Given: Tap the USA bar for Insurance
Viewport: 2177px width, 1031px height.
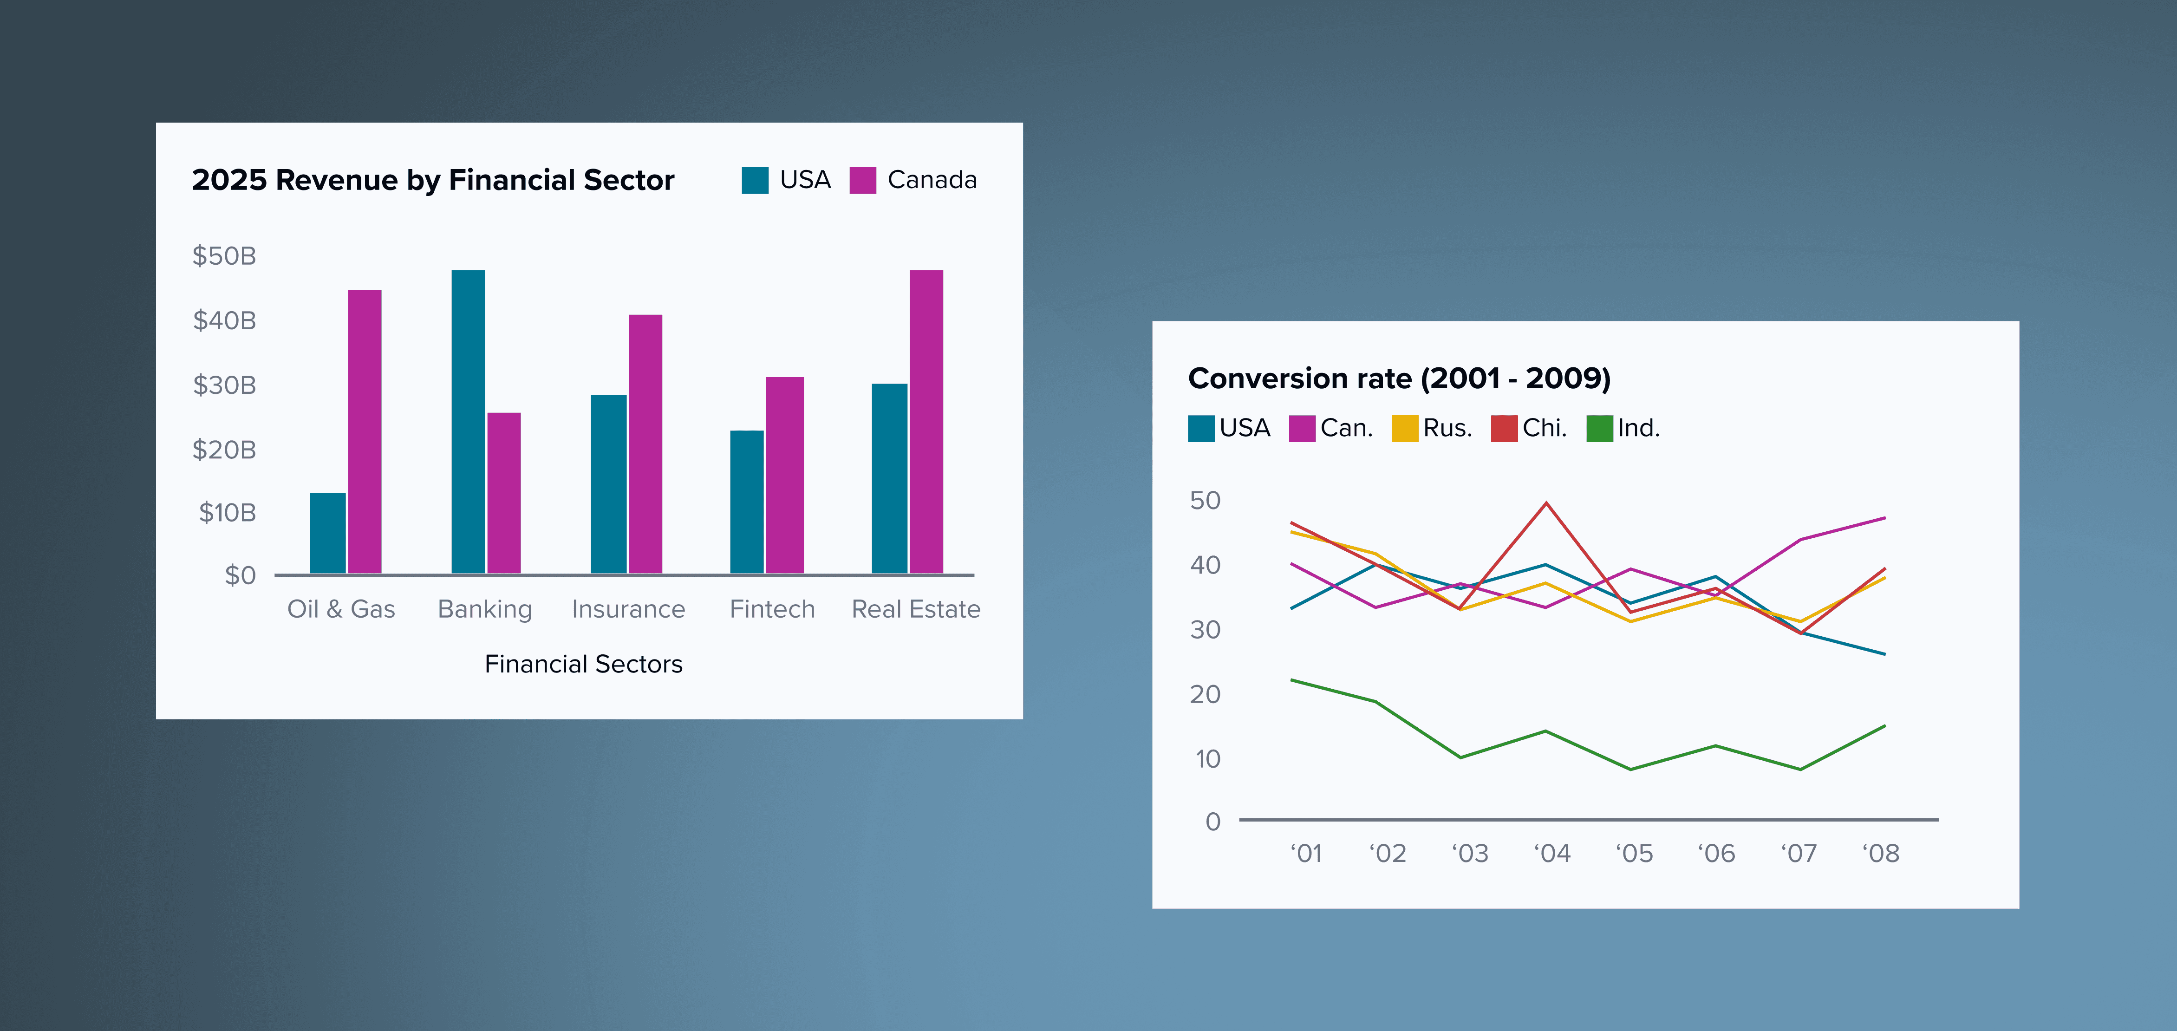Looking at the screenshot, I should click(x=608, y=484).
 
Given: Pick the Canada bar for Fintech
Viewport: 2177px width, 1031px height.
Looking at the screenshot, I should click(x=784, y=475).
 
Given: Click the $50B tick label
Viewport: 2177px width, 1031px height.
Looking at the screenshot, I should click(x=224, y=256).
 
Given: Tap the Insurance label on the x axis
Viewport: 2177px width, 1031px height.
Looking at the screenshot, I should click(x=628, y=609).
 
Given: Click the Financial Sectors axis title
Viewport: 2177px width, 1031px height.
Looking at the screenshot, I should click(x=583, y=664).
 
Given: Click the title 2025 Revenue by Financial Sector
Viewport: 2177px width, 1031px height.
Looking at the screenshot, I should click(x=433, y=180).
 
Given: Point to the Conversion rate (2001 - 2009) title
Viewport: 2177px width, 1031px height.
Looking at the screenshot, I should click(x=1399, y=378).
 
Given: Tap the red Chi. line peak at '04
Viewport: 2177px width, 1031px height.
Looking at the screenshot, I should click(x=1546, y=504).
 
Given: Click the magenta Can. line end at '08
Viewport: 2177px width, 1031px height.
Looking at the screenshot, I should click(x=1884, y=518).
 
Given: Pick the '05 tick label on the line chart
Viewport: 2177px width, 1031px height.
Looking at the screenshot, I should click(x=1634, y=854).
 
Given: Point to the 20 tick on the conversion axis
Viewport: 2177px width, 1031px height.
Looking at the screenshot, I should click(x=1205, y=695).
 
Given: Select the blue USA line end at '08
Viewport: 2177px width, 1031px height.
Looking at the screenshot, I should click(x=1884, y=654).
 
